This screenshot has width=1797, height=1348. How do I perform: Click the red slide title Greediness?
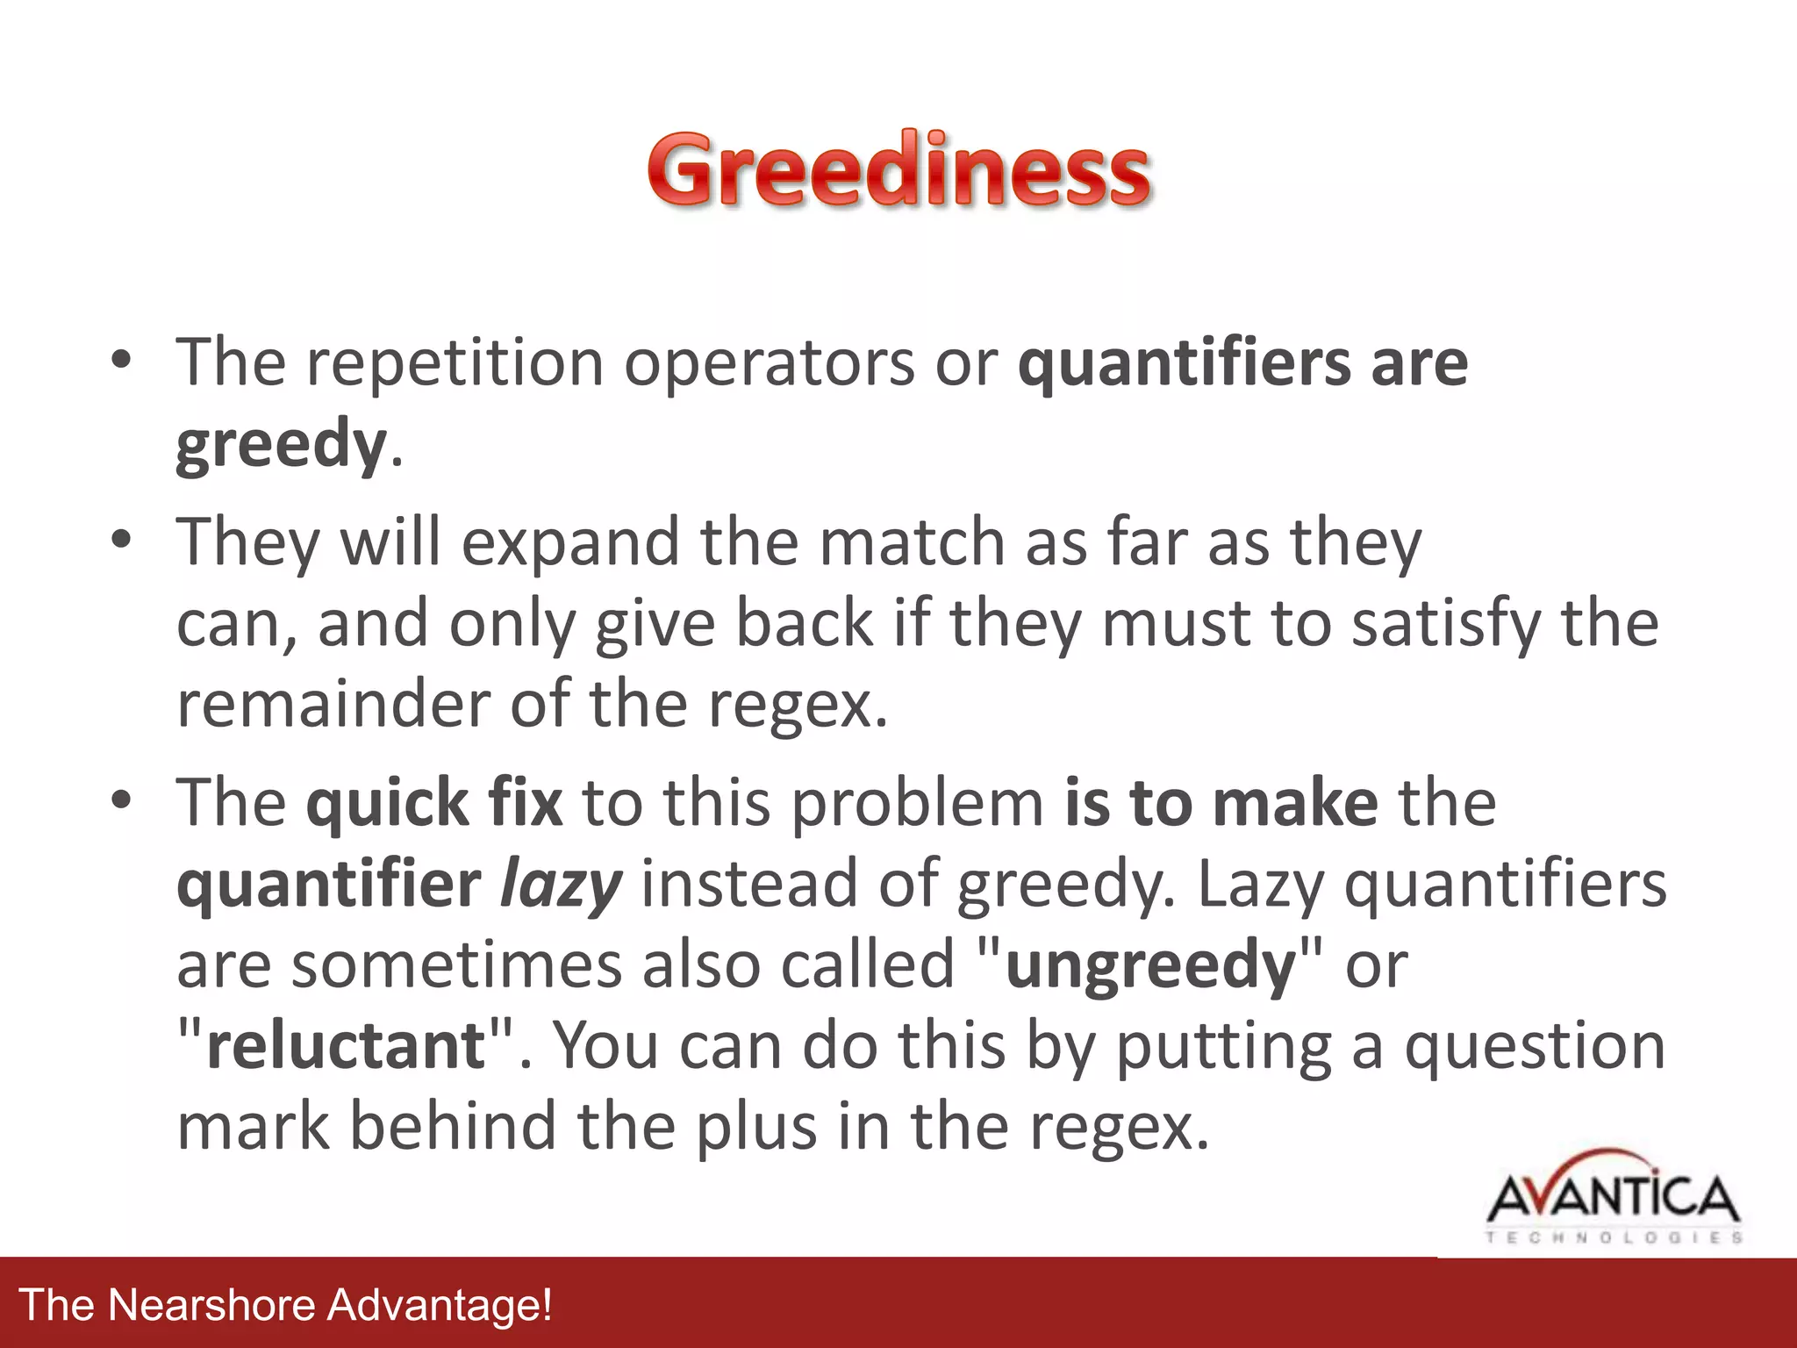tap(898, 170)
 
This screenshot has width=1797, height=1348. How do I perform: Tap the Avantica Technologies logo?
tap(1613, 1198)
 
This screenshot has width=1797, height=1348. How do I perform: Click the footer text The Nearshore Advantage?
tap(286, 1304)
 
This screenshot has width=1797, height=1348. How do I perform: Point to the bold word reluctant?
tap(346, 1046)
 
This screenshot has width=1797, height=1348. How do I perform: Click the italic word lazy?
tap(561, 885)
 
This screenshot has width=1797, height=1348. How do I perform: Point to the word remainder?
tap(333, 705)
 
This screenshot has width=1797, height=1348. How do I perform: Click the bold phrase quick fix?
tap(434, 802)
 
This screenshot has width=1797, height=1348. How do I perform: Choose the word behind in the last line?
tap(454, 1127)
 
